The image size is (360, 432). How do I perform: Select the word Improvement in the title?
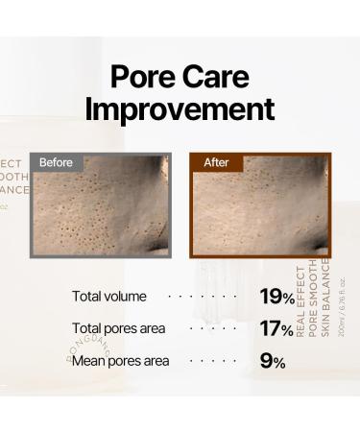180,108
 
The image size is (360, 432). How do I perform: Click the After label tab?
216,163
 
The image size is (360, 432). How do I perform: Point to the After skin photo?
259,211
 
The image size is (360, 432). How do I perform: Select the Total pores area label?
119,328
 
